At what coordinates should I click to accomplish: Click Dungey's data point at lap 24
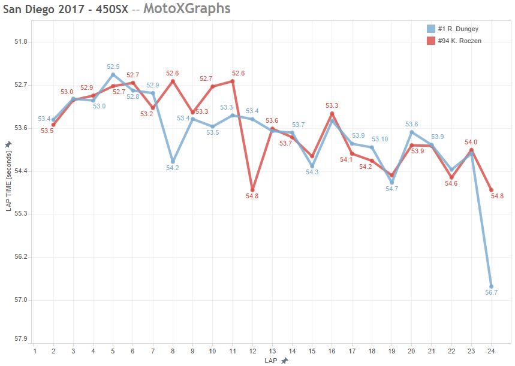click(x=491, y=287)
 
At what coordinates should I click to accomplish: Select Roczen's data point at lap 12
click(x=252, y=190)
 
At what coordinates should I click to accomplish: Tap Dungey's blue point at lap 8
click(x=173, y=162)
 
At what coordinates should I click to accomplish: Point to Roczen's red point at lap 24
click(x=491, y=190)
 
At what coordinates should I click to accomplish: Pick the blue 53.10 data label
click(x=380, y=139)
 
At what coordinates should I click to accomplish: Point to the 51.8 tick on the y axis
click(x=22, y=42)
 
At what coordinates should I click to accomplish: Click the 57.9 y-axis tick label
click(x=22, y=338)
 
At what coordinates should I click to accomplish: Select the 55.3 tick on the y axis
click(x=22, y=214)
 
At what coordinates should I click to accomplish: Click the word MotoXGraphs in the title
click(x=186, y=9)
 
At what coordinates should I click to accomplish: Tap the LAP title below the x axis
click(x=272, y=361)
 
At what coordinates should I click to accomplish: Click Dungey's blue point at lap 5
click(x=113, y=75)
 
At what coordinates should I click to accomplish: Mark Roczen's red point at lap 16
click(x=332, y=114)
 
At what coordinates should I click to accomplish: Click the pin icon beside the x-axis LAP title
click(x=284, y=361)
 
